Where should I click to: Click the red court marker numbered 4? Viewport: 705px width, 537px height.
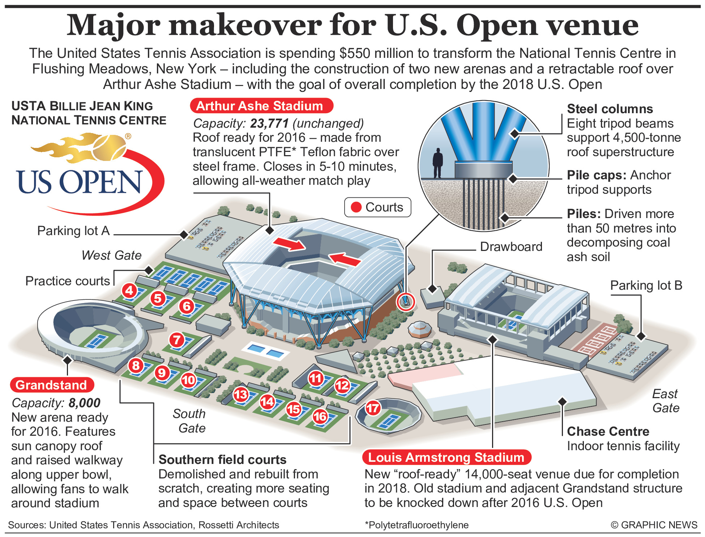pos(129,290)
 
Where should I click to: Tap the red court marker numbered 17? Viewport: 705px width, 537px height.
pos(373,409)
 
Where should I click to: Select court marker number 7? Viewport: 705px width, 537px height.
pos(176,340)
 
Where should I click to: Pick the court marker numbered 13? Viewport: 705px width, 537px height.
pos(241,395)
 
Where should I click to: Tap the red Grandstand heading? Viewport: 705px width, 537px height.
pos(52,385)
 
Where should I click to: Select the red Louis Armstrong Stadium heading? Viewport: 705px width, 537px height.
pos(446,457)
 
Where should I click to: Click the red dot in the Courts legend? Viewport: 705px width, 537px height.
pos(356,207)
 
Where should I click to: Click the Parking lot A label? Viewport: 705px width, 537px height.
pos(73,231)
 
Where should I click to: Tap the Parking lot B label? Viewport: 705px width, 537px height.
pos(646,285)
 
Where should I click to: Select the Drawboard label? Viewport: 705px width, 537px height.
pos(511,247)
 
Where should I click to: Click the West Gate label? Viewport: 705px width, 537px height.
pos(111,255)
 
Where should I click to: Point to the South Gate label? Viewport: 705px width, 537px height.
pos(189,421)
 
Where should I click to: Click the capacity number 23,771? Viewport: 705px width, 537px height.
pos(269,124)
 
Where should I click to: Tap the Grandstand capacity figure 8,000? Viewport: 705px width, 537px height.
pos(85,403)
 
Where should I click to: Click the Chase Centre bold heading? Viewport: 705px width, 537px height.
pos(608,431)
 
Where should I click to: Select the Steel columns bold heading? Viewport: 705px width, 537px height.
pos(610,109)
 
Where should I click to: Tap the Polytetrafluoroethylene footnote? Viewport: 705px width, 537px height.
pos(416,525)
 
